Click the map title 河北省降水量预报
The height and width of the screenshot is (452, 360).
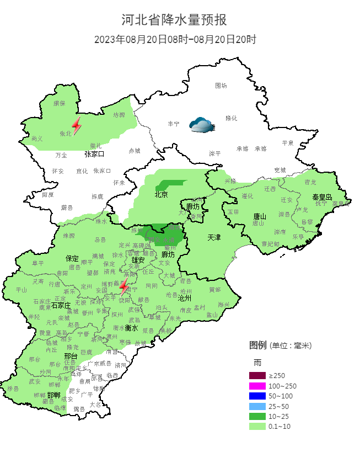tap(174, 20)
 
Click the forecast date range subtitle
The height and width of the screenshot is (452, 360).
tap(175, 39)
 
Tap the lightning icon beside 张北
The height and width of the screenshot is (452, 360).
tap(77, 126)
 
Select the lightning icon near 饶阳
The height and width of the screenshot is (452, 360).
tap(125, 285)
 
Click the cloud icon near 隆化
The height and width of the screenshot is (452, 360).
tap(200, 125)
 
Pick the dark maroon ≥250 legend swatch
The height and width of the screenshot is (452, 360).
tap(257, 375)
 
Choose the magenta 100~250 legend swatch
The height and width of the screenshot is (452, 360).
tap(257, 386)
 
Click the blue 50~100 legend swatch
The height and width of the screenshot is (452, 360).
tap(257, 396)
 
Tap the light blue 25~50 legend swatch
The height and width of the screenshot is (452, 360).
tap(257, 406)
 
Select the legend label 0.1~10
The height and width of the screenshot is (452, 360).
tap(279, 427)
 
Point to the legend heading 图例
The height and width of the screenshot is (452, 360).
tap(257, 345)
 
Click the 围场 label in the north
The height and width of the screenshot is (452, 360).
tap(221, 86)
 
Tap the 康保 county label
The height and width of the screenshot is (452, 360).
tap(59, 103)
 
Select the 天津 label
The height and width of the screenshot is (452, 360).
tap(214, 237)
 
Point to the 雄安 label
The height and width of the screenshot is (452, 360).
tap(138, 260)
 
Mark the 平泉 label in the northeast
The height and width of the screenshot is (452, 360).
tap(288, 143)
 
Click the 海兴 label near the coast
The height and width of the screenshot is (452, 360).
tap(223, 305)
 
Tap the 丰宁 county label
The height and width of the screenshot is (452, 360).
tap(174, 124)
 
